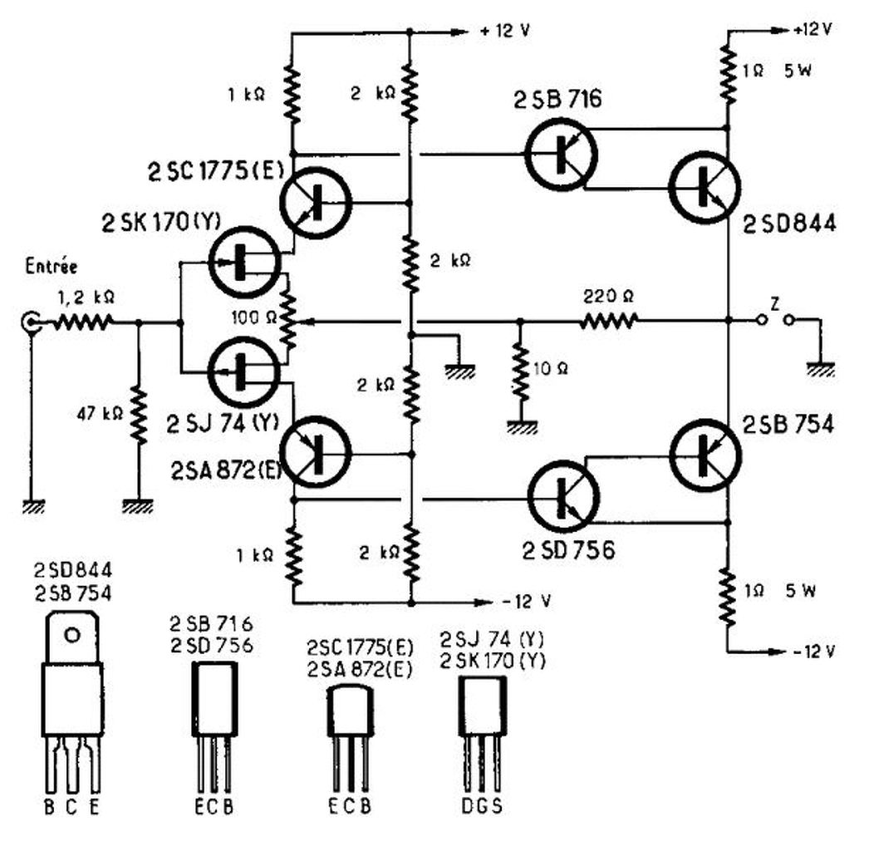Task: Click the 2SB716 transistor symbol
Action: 561,154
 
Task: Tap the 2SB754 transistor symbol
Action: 705,455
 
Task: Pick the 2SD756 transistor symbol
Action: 563,496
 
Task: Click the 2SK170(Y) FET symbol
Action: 246,262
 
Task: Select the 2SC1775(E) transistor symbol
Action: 316,203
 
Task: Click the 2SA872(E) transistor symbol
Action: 316,453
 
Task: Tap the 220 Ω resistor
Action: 609,321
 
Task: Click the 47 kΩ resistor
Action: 139,416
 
